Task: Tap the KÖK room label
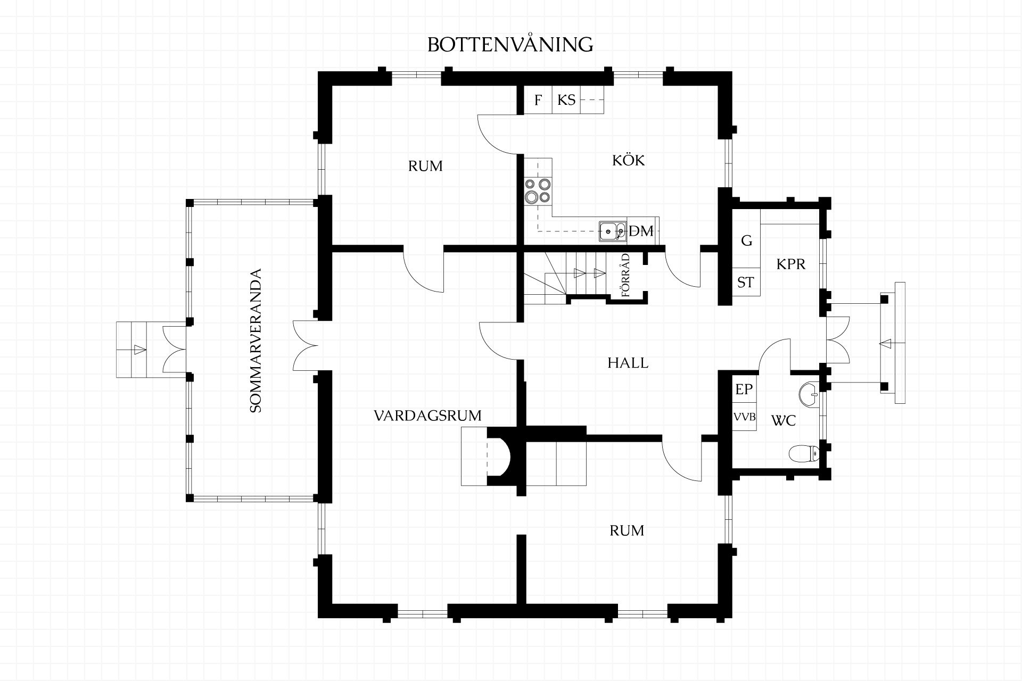(x=628, y=160)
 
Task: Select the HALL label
(x=628, y=363)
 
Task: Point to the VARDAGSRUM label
(x=427, y=416)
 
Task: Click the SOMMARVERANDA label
(x=256, y=340)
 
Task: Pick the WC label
(x=784, y=421)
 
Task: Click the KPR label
(x=791, y=264)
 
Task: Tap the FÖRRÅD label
(x=625, y=275)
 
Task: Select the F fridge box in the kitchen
(x=538, y=99)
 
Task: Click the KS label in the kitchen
(x=566, y=99)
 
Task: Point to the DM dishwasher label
(x=641, y=231)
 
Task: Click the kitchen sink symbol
(x=613, y=231)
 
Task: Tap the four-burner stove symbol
(x=538, y=191)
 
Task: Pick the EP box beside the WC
(x=744, y=389)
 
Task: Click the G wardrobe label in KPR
(x=747, y=240)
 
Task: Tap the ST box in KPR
(x=746, y=282)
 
